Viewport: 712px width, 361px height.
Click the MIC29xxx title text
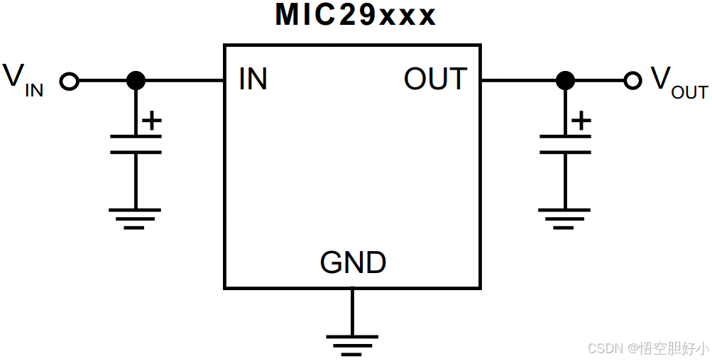[x=356, y=16]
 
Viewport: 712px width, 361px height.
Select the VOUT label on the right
[x=679, y=82]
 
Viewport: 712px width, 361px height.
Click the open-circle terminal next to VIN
[x=69, y=81]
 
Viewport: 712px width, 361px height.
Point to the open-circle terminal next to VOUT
[x=632, y=81]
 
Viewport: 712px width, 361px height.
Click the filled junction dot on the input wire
[x=136, y=81]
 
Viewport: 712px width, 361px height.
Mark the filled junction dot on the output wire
[x=565, y=81]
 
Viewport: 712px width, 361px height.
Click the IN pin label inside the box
[x=253, y=79]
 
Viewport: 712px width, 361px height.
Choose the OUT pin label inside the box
[x=435, y=79]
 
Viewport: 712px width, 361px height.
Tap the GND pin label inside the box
[x=353, y=263]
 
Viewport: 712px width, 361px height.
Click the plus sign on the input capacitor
[x=151, y=121]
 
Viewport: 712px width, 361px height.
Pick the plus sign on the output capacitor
[x=581, y=121]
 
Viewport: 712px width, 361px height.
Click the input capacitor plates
[x=136, y=143]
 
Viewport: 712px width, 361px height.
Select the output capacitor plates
[x=565, y=143]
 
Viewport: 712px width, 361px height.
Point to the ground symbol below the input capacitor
[x=135, y=218]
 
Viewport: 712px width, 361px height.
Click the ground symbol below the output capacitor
[x=564, y=218]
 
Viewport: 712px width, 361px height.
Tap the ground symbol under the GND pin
[x=352, y=344]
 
